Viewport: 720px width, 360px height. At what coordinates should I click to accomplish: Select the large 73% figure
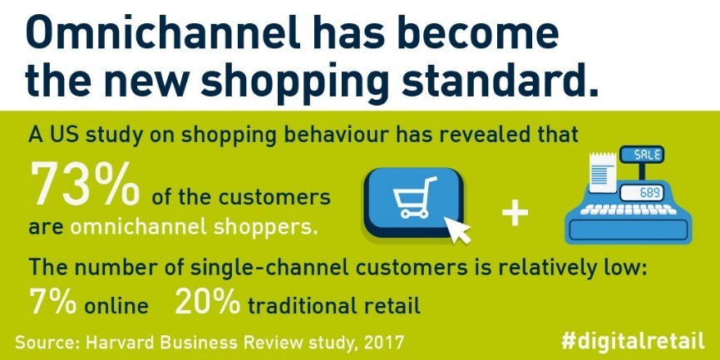click(85, 185)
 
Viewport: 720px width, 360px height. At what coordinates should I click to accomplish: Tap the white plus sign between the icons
click(515, 214)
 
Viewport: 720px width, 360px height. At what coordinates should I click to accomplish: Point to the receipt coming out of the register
click(602, 173)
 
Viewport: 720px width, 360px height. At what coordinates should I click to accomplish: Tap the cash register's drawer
click(629, 229)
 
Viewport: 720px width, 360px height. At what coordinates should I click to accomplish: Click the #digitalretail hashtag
click(633, 341)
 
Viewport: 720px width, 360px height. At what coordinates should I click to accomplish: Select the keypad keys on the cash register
click(629, 210)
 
